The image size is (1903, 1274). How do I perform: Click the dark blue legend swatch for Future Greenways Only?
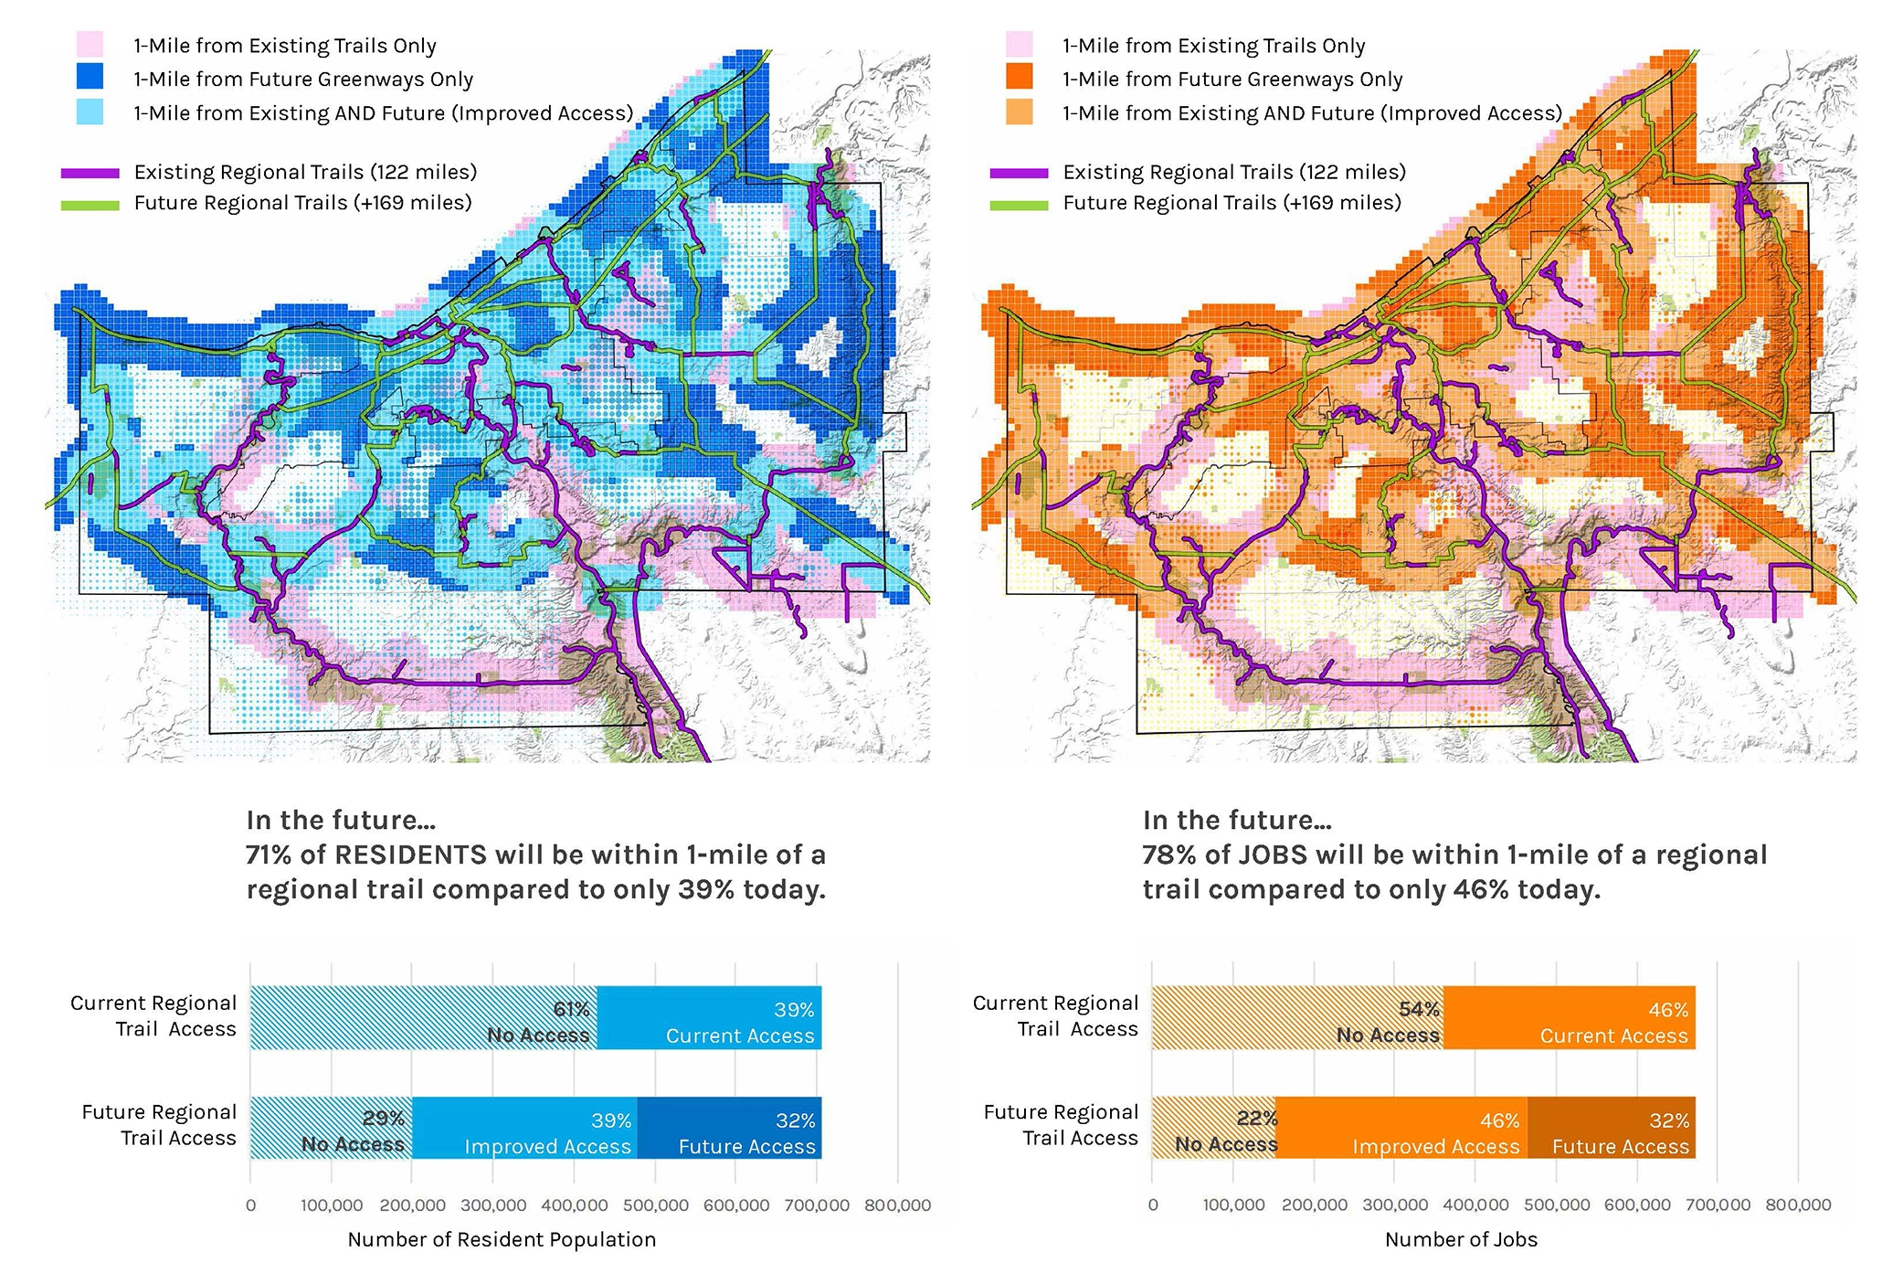pyautogui.click(x=90, y=77)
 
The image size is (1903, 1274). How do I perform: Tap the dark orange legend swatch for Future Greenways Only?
pyautogui.click(x=1019, y=77)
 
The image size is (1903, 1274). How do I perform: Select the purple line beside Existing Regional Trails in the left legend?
pyautogui.click(x=90, y=173)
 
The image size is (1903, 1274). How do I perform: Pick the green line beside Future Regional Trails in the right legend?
pyautogui.click(x=1019, y=205)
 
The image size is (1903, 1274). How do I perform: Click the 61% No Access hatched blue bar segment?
pyautogui.click(x=423, y=1018)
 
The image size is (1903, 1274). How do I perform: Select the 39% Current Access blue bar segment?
pyautogui.click(x=709, y=1018)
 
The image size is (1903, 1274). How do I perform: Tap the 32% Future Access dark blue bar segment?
pyautogui.click(x=729, y=1128)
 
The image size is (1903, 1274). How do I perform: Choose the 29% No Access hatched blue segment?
pyautogui.click(x=331, y=1128)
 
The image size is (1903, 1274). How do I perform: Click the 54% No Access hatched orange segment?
pyautogui.click(x=1297, y=1018)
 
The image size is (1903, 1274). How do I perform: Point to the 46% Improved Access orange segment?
pyautogui.click(x=1401, y=1128)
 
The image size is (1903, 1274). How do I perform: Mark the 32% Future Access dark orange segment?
pyautogui.click(x=1611, y=1128)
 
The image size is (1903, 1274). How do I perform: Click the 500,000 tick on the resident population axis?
pyautogui.click(x=655, y=1205)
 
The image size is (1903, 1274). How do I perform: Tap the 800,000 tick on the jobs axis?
pyautogui.click(x=1798, y=1205)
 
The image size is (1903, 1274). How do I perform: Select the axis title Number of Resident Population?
pyautogui.click(x=502, y=1239)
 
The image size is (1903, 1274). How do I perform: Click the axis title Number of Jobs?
pyautogui.click(x=1461, y=1239)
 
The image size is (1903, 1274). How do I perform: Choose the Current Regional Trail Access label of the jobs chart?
pyautogui.click(x=1055, y=1015)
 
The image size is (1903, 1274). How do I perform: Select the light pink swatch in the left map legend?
pyautogui.click(x=90, y=44)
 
